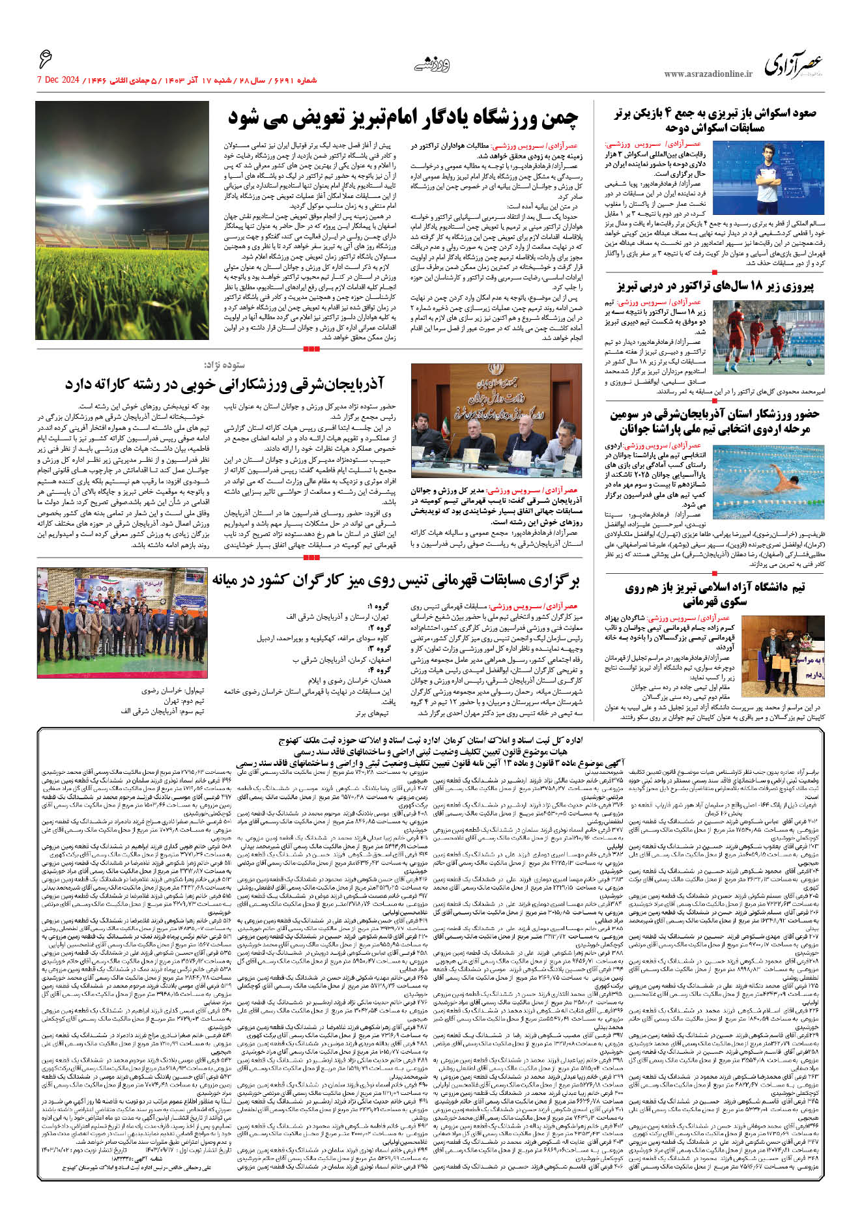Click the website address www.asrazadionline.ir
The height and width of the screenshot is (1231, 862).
708,74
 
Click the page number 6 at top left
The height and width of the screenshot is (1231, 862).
45,60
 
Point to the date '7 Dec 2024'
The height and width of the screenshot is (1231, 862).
58,80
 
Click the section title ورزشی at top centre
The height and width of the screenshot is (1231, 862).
432,64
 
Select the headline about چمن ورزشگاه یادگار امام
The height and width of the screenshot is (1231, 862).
403,118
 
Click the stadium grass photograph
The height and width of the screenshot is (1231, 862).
122,220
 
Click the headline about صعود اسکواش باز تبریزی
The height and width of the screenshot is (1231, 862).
715,120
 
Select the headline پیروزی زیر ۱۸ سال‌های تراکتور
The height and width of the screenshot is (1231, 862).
715,286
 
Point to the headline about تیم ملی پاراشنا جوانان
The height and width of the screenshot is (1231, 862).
715,422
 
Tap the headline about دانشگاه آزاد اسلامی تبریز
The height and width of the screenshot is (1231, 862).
715,594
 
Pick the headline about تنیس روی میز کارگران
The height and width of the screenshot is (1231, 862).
395,580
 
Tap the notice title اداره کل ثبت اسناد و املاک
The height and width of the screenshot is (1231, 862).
430,740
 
